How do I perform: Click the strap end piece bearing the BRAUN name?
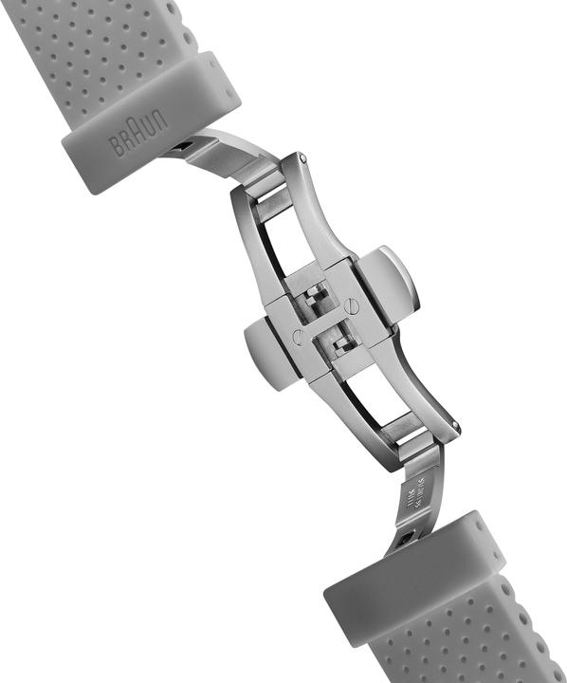pos(152,123)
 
